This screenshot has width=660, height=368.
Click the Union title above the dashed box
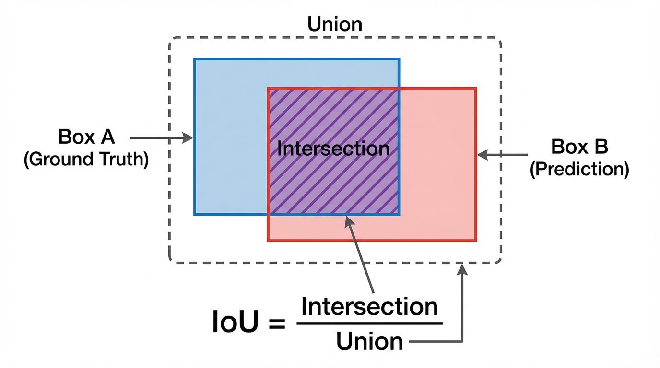335,24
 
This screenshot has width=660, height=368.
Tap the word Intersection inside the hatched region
333,149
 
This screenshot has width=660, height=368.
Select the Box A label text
87,137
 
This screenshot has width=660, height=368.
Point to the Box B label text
579,146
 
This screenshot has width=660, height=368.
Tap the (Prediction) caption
579,170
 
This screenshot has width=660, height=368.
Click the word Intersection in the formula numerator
369,306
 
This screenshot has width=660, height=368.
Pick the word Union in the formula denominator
369,342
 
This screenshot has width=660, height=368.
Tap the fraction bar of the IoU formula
369,323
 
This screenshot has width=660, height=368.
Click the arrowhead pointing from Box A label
189,138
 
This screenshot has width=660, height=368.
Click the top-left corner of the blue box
195,59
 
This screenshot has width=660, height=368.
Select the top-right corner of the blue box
399,59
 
